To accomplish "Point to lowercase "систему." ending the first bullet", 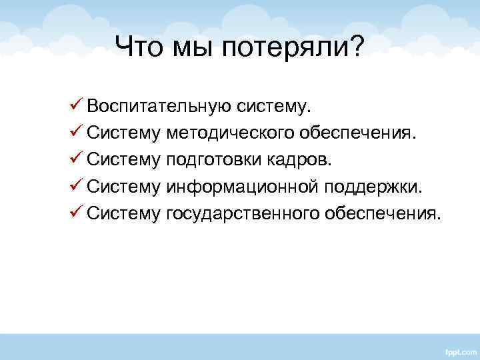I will [271, 107].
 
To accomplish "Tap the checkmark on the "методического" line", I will [74, 133].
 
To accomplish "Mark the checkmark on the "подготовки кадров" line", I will [74, 159].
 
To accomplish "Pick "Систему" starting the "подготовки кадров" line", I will [123, 160].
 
